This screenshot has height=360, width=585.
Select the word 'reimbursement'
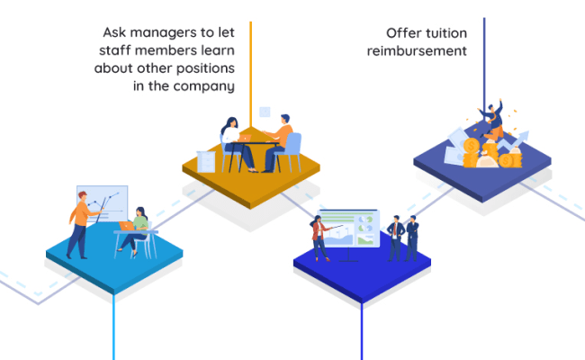tap(417, 51)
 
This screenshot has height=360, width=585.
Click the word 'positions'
tap(202, 69)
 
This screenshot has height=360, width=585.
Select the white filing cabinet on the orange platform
tap(204, 161)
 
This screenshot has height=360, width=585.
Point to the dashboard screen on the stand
tap(351, 229)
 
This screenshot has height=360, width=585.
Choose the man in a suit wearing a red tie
tap(396, 237)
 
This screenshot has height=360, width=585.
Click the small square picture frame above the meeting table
tap(265, 112)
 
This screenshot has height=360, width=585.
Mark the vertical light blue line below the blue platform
tap(113, 324)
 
